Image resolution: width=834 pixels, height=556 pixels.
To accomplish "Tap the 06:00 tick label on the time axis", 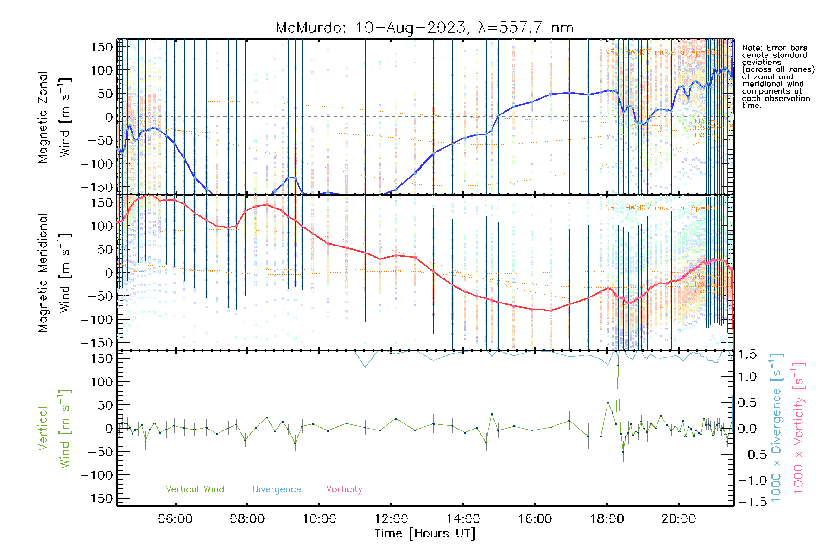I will pyautogui.click(x=175, y=519).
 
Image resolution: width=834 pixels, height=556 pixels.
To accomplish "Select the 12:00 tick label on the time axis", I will pyautogui.click(x=391, y=519).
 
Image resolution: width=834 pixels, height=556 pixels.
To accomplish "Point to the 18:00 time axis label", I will pyautogui.click(x=607, y=519).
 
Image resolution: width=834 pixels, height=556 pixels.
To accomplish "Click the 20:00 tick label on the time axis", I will pyautogui.click(x=678, y=519).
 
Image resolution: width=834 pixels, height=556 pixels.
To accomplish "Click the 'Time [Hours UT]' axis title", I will pyautogui.click(x=425, y=533).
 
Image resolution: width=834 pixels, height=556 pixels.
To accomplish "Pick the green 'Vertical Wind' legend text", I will pyautogui.click(x=195, y=489).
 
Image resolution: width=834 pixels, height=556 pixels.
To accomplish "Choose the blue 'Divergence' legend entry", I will pyautogui.click(x=277, y=489).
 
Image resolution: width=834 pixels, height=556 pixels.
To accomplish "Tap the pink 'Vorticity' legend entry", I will pyautogui.click(x=344, y=489).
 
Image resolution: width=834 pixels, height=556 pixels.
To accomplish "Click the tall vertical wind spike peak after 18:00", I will pyautogui.click(x=618, y=366).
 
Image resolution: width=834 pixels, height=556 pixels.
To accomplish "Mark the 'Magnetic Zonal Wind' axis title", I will pyautogui.click(x=54, y=117).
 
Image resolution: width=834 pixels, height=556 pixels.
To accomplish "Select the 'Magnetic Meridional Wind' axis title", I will pyautogui.click(x=54, y=272).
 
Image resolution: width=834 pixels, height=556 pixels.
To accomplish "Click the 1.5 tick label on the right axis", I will pyautogui.click(x=747, y=354).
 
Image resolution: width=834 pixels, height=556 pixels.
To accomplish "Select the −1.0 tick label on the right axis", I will pyautogui.click(x=747, y=480).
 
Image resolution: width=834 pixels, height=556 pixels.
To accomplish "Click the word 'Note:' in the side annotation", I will pyautogui.click(x=752, y=48).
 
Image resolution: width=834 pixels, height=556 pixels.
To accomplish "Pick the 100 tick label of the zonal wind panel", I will pyautogui.click(x=101, y=70).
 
